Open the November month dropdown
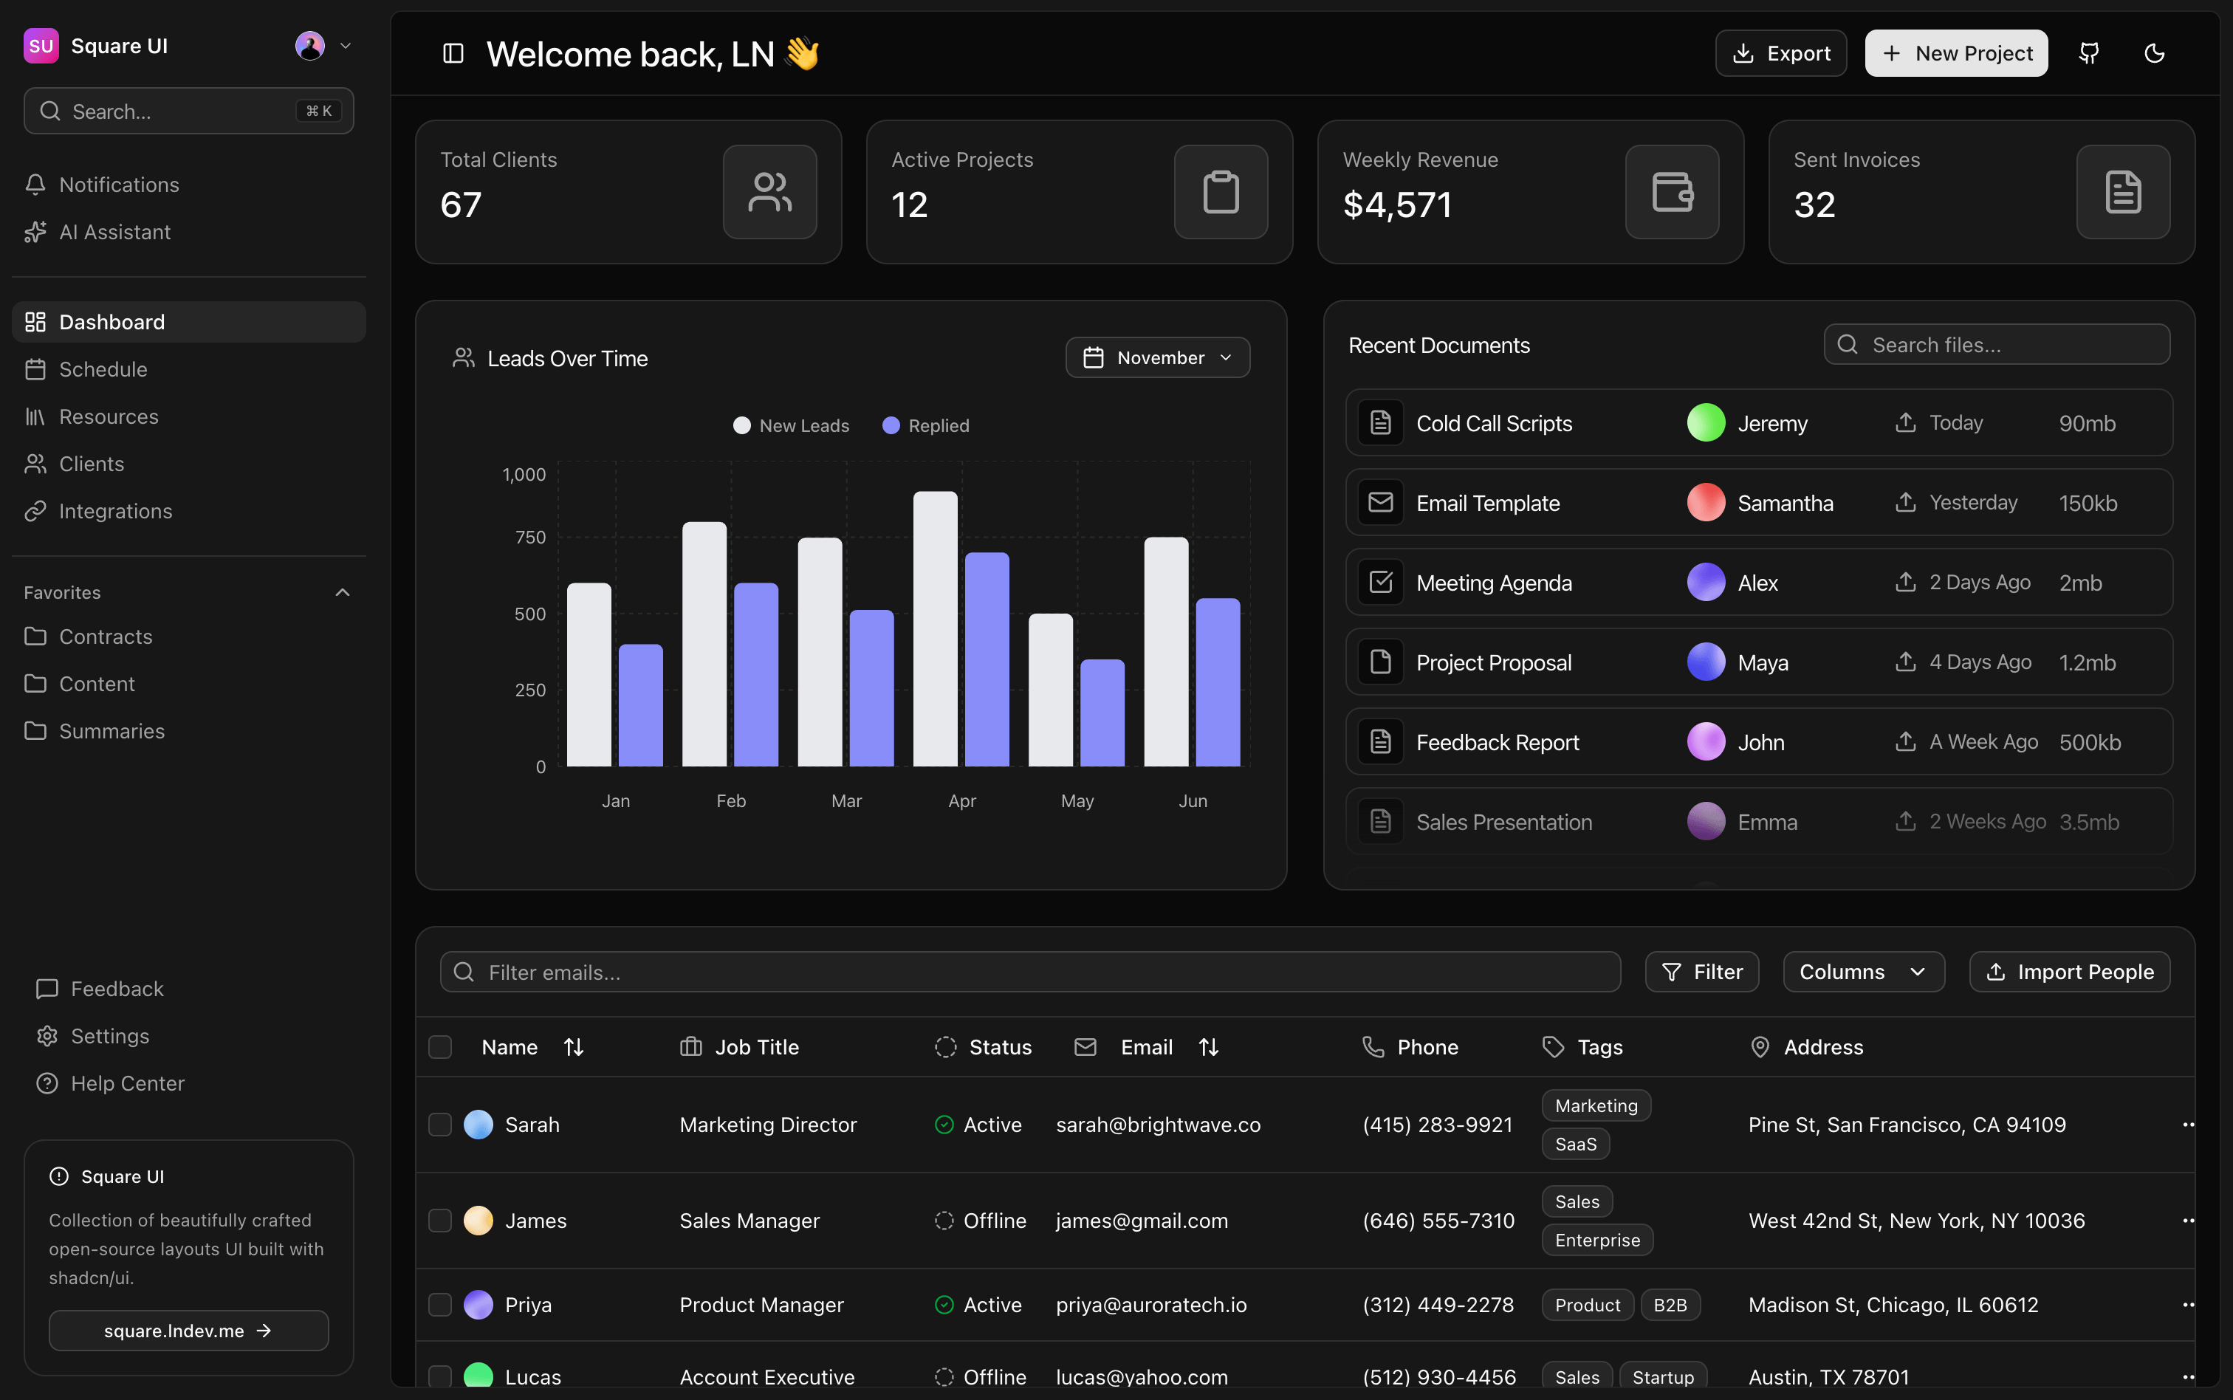[1157, 357]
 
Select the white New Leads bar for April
[935, 630]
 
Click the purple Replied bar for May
[1102, 713]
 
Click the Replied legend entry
[926, 426]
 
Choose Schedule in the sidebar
[103, 369]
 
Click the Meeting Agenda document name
[1493, 583]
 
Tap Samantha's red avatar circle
[1705, 503]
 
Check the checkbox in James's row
[440, 1221]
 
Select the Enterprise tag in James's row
[1597, 1240]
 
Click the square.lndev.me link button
[188, 1331]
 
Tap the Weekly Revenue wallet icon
[1672, 193]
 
